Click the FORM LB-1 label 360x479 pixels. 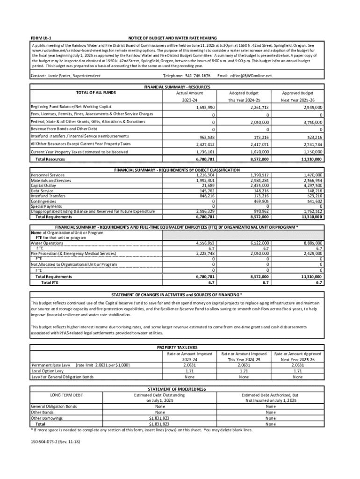point(41,37)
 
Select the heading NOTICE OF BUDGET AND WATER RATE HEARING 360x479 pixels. point(173,37)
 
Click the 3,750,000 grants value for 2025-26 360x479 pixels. point(311,122)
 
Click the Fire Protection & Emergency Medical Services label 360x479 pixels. point(73,254)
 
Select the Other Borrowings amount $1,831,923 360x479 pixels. point(159,418)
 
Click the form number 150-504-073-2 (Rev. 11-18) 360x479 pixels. point(52,441)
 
